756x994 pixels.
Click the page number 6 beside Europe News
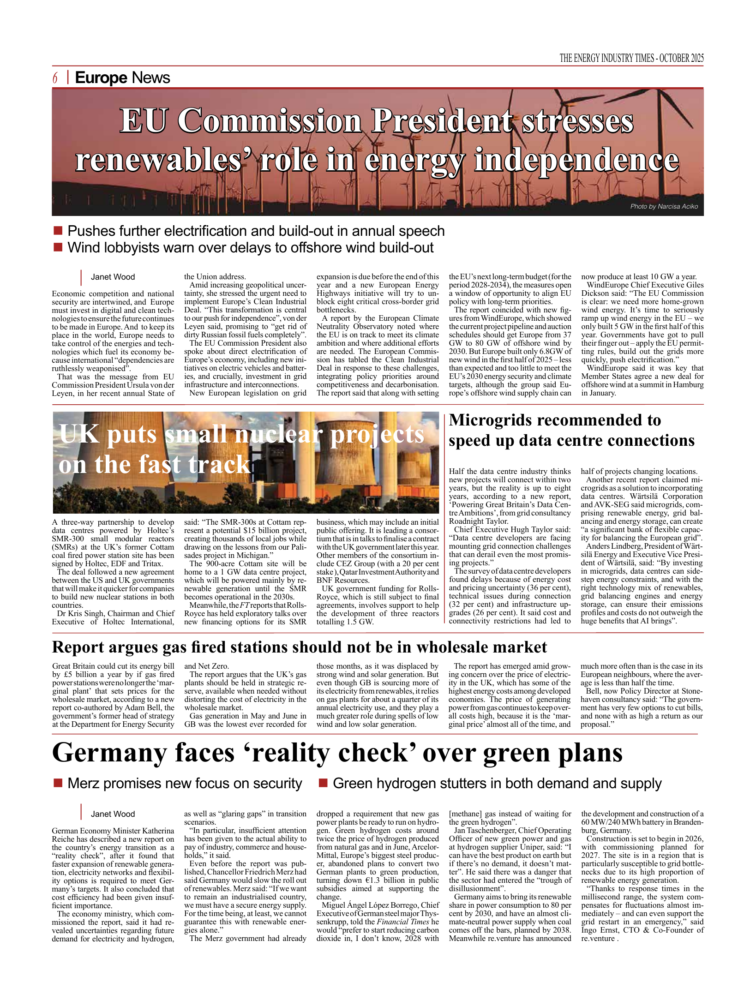point(55,78)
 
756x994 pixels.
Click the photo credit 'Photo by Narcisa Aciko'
point(664,206)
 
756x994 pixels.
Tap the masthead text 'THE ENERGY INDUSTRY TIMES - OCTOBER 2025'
point(631,58)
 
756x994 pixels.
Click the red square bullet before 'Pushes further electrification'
point(58,230)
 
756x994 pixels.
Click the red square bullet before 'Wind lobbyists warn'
point(58,247)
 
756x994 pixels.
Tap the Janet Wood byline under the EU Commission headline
point(113,277)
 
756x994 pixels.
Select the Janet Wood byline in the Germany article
point(113,814)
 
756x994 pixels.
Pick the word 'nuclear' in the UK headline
point(279,435)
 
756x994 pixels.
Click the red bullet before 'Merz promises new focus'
point(58,783)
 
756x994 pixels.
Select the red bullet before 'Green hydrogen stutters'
point(323,783)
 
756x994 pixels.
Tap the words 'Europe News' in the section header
point(122,78)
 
